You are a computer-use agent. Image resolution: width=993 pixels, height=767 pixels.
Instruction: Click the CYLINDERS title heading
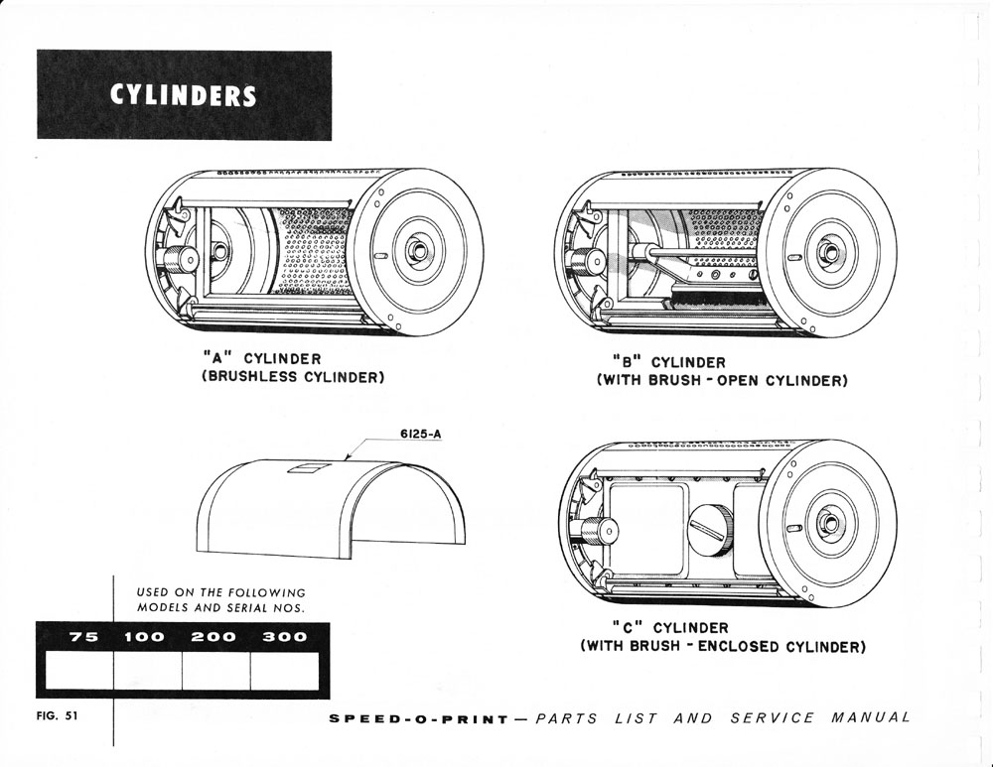[x=184, y=95]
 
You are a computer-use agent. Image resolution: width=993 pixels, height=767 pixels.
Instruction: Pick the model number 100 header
[x=149, y=637]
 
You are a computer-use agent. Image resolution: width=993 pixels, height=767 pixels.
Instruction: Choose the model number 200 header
[x=213, y=637]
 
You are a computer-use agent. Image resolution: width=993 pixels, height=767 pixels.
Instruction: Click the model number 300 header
[x=284, y=637]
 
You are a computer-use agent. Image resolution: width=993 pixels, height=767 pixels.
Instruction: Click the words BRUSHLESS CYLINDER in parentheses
[x=293, y=377]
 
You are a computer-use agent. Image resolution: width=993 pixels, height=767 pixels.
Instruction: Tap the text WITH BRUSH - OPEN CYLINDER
[x=722, y=381]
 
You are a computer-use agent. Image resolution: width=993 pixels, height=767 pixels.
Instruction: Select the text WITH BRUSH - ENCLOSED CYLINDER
[x=723, y=647]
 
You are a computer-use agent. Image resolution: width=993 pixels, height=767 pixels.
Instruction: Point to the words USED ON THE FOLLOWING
[x=220, y=592]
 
